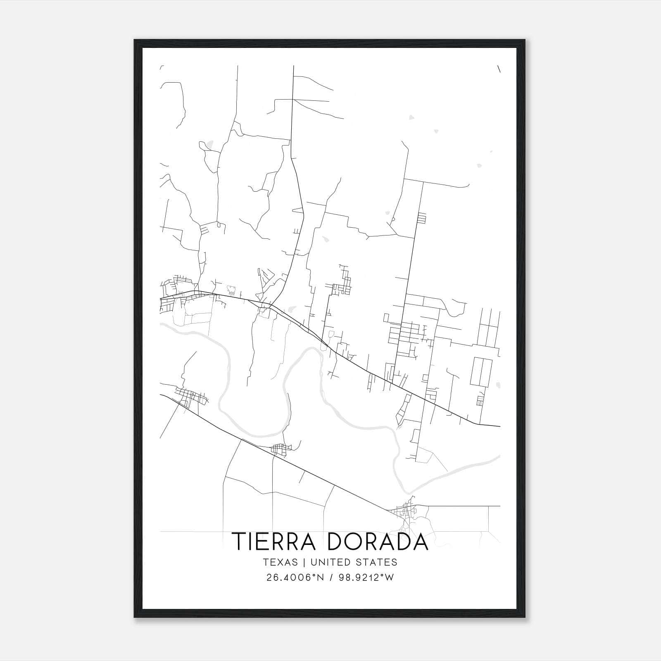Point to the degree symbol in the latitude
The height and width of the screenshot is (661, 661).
click(x=316, y=575)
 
